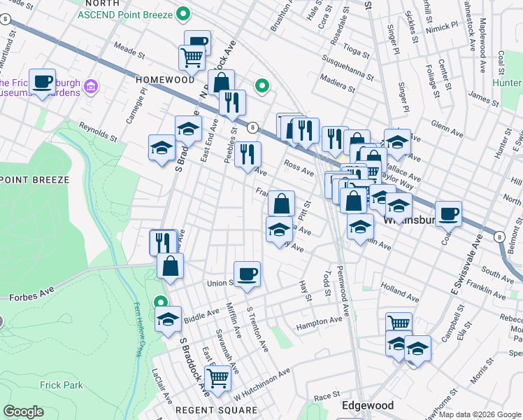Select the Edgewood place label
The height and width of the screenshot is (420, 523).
click(x=367, y=406)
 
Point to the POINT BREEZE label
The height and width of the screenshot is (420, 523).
click(x=35, y=180)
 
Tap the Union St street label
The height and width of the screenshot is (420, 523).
click(x=220, y=283)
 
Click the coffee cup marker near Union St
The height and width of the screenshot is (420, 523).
click(x=246, y=274)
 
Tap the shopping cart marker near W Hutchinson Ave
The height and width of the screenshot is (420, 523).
click(x=217, y=377)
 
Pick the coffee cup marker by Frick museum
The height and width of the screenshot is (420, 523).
click(x=43, y=81)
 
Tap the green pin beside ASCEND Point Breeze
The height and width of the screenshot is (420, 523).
click(x=183, y=13)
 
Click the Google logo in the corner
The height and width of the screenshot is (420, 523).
click(x=23, y=412)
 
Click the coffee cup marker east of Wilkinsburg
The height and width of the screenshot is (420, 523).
click(x=448, y=213)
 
